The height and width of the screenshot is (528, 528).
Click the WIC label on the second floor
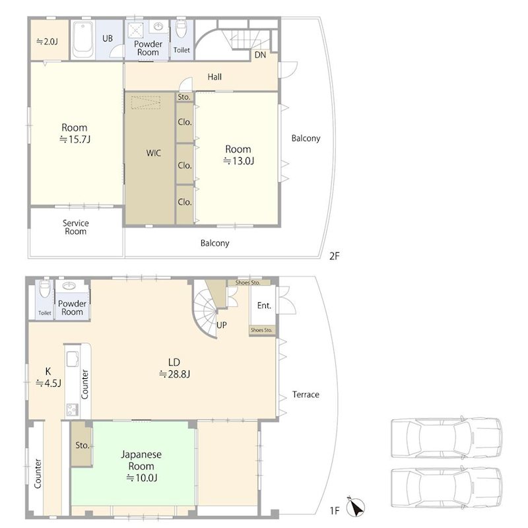[153, 153]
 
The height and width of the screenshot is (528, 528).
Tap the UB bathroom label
[108, 38]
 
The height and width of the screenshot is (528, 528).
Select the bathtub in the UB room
[83, 40]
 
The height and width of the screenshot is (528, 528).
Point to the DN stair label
[260, 55]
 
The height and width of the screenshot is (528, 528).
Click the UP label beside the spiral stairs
[222, 325]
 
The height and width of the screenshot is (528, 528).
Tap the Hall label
[214, 77]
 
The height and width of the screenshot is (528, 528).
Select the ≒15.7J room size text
[75, 139]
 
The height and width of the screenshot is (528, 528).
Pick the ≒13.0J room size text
[238, 161]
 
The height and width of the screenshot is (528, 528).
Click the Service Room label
[75, 227]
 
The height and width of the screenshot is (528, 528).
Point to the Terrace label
[306, 394]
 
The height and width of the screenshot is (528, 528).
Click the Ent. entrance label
[264, 306]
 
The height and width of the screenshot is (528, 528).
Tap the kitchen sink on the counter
[73, 358]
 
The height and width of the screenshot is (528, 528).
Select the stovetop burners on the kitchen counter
[73, 409]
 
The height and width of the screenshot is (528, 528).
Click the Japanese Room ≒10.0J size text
[141, 478]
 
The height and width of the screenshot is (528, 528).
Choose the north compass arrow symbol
[356, 506]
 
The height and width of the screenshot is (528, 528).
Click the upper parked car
[447, 438]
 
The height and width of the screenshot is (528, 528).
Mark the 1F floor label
[335, 511]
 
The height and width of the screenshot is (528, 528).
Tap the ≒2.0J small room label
[47, 42]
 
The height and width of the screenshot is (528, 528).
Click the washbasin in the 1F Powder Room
[69, 286]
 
